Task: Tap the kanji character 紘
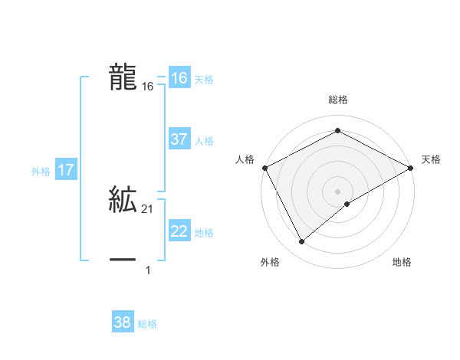pyautogui.click(x=123, y=199)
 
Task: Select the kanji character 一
pyautogui.click(x=123, y=260)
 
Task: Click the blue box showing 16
pyautogui.click(x=179, y=78)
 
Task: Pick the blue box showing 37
pyautogui.click(x=179, y=139)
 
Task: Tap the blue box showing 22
pyautogui.click(x=179, y=231)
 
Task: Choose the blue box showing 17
pyautogui.click(x=66, y=170)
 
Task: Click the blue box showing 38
pyautogui.click(x=123, y=322)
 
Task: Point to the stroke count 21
pyautogui.click(x=147, y=209)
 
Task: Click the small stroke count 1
pyautogui.click(x=147, y=270)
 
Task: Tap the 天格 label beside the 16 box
pyautogui.click(x=204, y=80)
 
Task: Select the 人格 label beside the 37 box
pyautogui.click(x=204, y=141)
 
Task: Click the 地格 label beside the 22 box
pyautogui.click(x=204, y=233)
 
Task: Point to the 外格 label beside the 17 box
pyautogui.click(x=41, y=172)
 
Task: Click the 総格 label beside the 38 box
pyautogui.click(x=147, y=324)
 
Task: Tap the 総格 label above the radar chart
pyautogui.click(x=337, y=100)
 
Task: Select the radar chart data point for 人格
pyautogui.click(x=264, y=168)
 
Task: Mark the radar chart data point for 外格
pyautogui.click(x=302, y=242)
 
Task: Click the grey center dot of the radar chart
pyautogui.click(x=337, y=191)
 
